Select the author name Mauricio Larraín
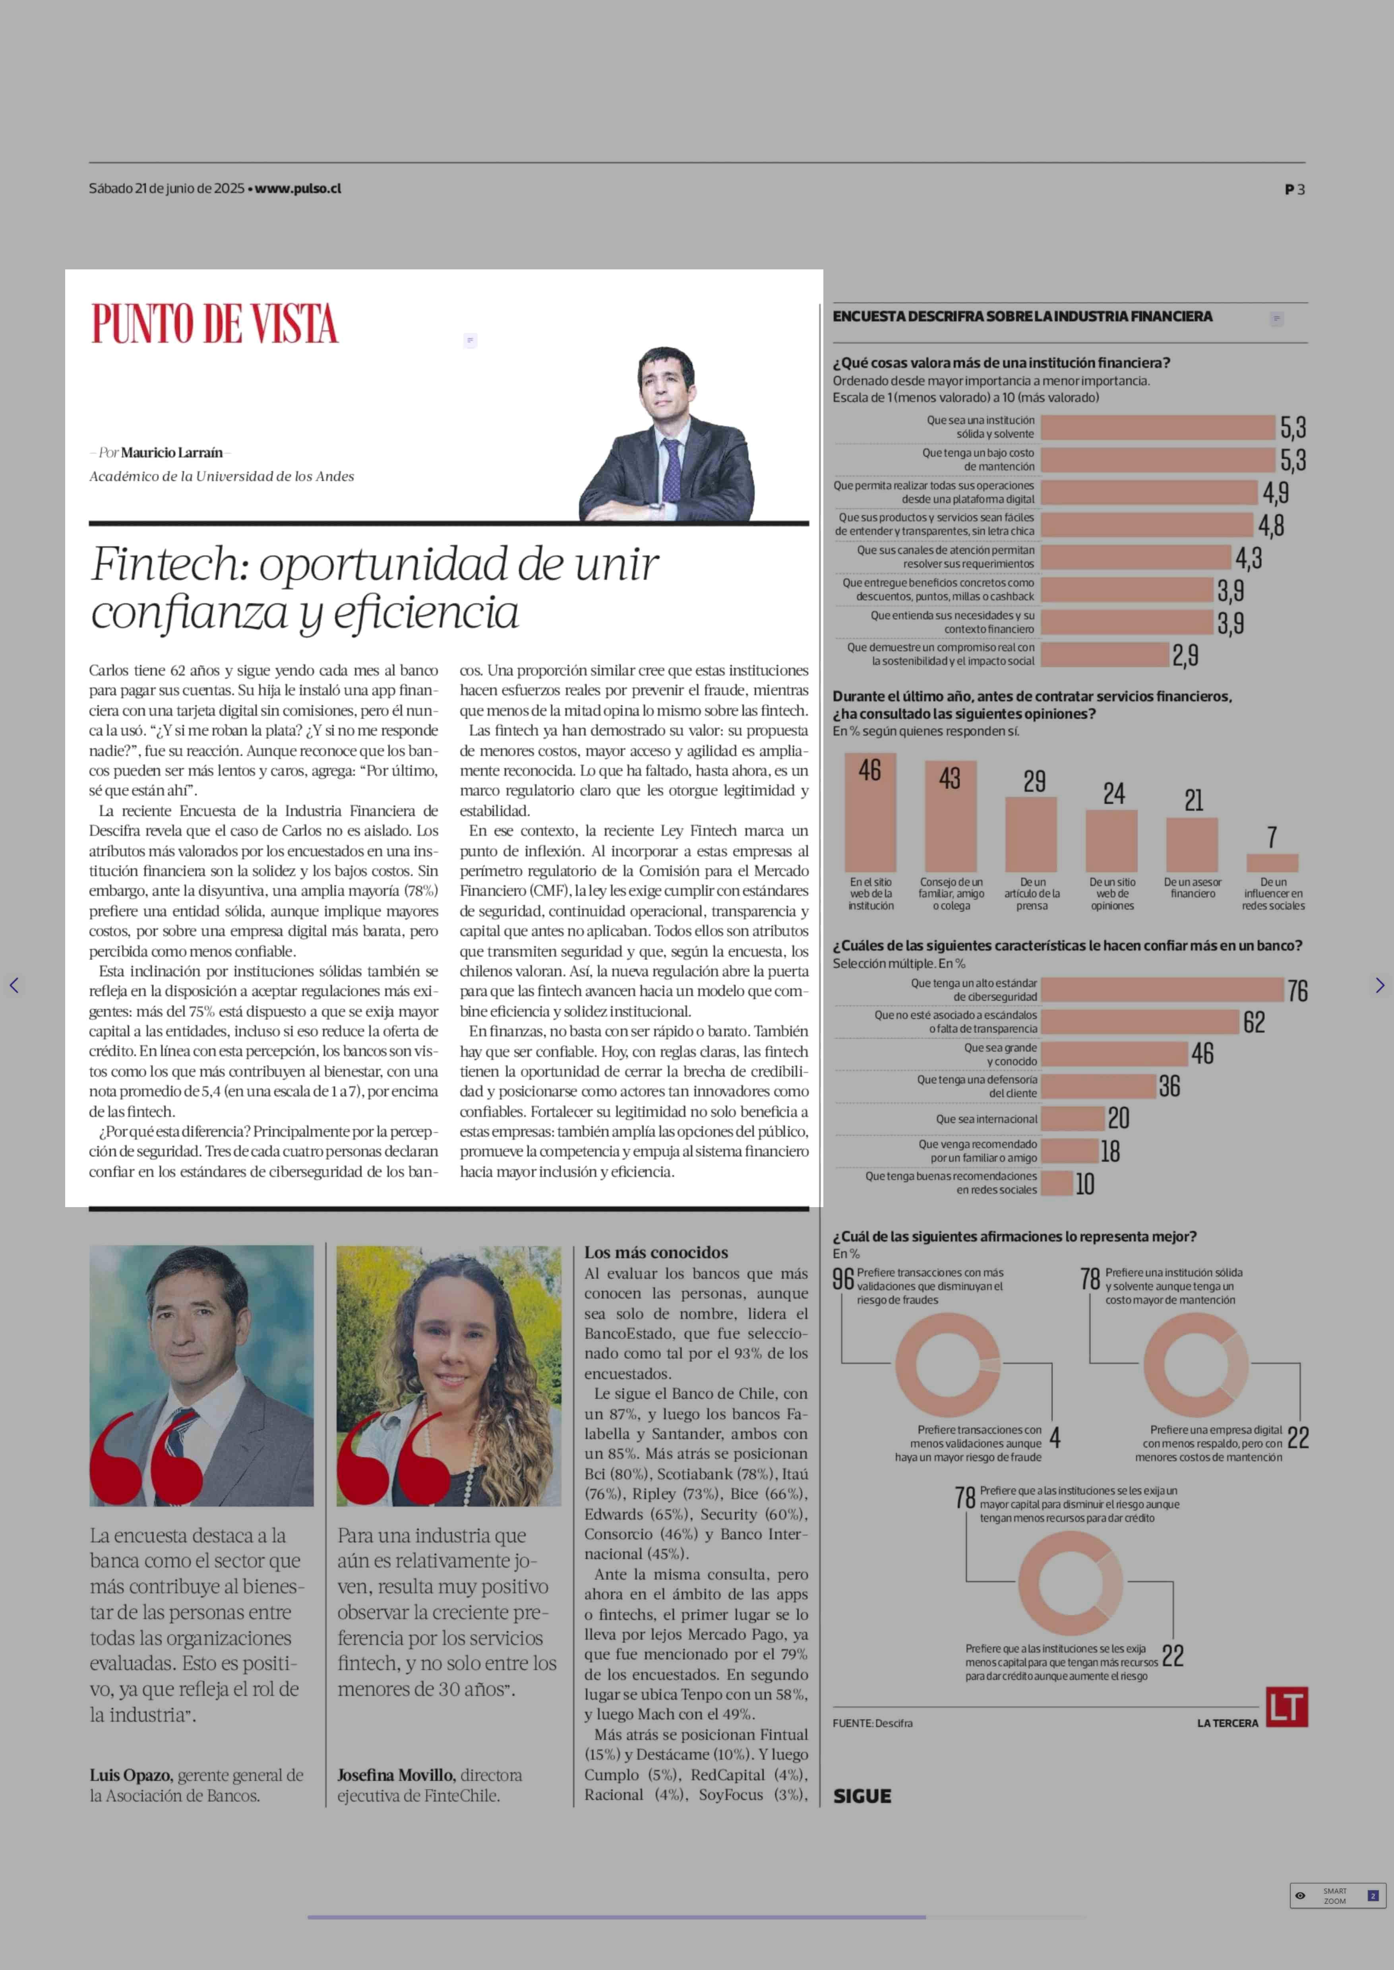[172, 453]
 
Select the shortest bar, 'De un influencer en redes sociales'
[1272, 863]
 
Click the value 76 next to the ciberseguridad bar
[1297, 991]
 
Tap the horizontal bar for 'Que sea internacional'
[1073, 1119]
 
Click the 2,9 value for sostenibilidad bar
[1185, 656]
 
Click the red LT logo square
[1287, 1707]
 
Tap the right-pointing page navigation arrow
[1379, 985]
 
